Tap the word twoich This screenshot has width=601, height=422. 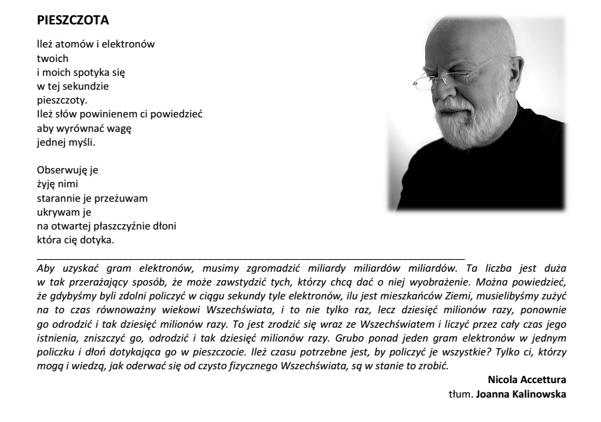tap(49, 59)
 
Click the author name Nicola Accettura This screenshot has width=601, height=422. tap(527, 380)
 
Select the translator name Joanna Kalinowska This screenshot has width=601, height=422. tap(527, 394)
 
